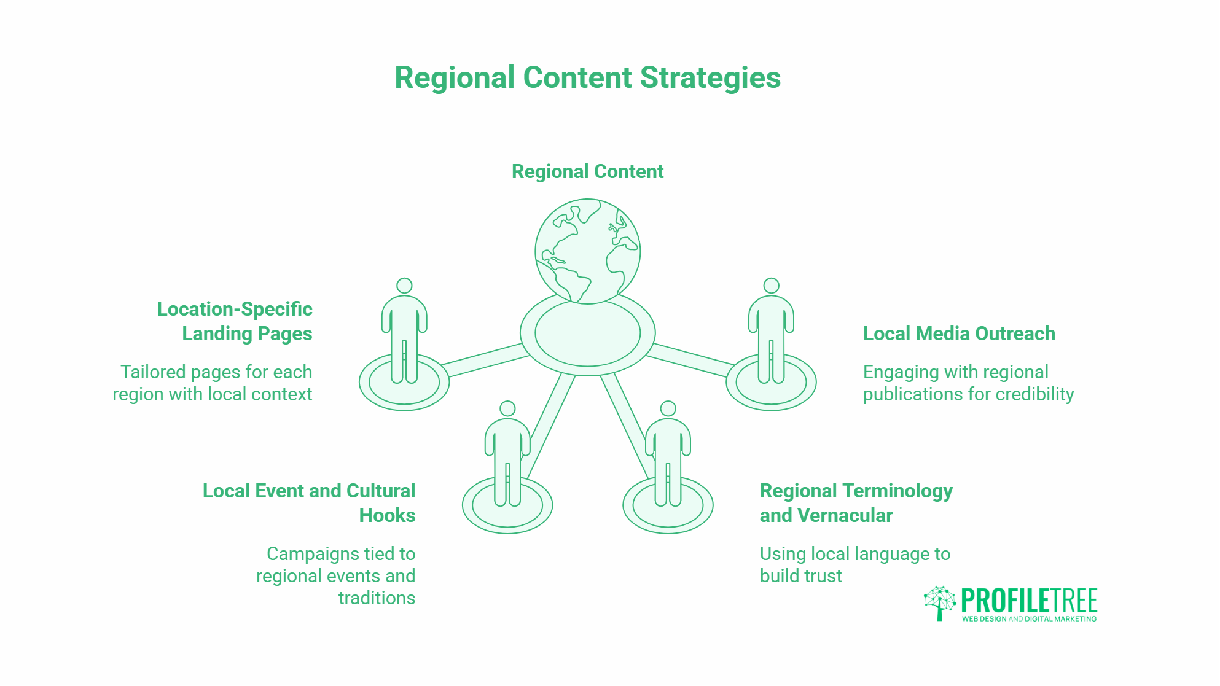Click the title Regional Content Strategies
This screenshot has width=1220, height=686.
click(x=587, y=78)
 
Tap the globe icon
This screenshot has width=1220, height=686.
click(x=587, y=251)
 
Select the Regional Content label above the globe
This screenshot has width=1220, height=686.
click(x=587, y=171)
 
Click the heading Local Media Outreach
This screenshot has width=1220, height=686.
click(x=959, y=333)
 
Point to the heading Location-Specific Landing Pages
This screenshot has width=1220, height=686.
click(x=235, y=321)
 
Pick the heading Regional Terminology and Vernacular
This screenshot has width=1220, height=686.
click(x=856, y=503)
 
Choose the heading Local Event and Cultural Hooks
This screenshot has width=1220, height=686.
click(x=309, y=503)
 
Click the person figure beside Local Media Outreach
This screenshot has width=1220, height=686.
click(x=771, y=332)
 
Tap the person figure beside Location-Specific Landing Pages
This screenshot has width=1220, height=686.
click(x=404, y=332)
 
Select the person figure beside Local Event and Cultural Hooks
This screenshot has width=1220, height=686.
click(x=507, y=454)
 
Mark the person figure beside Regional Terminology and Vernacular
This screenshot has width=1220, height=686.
click(x=668, y=454)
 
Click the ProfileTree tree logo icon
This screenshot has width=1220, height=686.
click(x=939, y=602)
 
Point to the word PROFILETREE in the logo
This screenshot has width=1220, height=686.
click(x=1029, y=600)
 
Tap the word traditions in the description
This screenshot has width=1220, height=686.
click(x=377, y=598)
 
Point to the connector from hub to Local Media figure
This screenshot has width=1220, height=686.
click(x=689, y=360)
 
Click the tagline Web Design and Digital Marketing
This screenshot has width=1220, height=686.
click(x=1029, y=619)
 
